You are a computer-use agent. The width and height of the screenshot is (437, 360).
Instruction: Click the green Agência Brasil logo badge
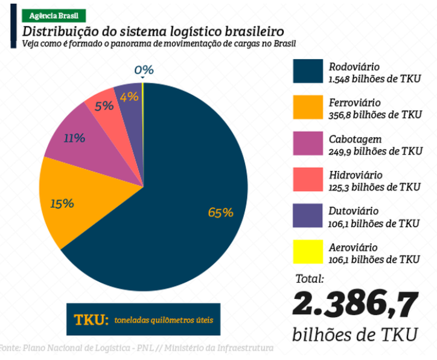point(54,16)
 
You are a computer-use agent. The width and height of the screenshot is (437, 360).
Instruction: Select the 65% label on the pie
point(221,213)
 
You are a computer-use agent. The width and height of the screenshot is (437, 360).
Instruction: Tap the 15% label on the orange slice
point(62,204)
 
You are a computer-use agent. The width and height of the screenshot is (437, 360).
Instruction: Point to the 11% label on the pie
point(74,138)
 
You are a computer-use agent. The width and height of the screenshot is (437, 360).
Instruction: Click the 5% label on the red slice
point(104,106)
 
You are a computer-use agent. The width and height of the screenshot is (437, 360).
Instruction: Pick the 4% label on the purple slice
point(129,97)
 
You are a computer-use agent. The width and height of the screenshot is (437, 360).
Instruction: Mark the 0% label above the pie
point(144,69)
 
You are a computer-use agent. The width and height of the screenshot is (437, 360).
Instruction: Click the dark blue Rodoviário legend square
point(308,71)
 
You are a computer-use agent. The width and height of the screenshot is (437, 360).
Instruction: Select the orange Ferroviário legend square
point(308,108)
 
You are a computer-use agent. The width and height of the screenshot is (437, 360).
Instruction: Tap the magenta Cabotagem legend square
point(308,143)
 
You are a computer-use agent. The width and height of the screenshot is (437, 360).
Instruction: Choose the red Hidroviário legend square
point(308,179)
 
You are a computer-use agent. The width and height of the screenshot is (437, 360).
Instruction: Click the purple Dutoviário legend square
point(308,216)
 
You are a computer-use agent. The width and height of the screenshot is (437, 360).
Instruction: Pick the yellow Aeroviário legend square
point(308,251)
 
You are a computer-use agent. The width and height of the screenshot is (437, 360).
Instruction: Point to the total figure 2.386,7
point(356,304)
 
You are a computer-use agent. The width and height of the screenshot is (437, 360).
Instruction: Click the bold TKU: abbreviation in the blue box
point(91,320)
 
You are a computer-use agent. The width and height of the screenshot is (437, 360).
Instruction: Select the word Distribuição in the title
point(60,31)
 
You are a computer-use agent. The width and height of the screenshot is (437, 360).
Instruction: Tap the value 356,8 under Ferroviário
point(339,115)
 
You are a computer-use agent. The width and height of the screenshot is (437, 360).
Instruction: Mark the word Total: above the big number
point(310,278)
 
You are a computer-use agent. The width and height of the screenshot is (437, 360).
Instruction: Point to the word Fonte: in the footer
point(10,348)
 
